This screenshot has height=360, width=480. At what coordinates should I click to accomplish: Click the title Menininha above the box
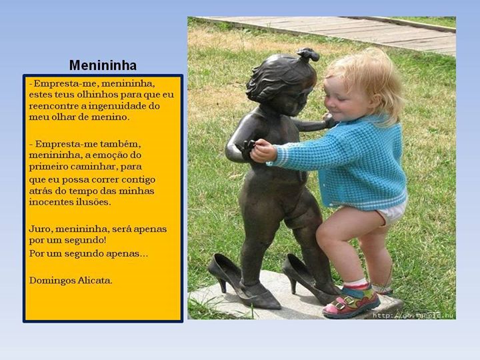point(103,65)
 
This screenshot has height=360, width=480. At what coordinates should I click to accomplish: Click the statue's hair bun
point(309,55)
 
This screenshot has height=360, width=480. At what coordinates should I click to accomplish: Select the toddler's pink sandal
point(351,303)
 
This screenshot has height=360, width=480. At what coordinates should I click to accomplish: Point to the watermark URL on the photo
point(413,315)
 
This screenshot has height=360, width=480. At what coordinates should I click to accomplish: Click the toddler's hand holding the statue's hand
point(263,151)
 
